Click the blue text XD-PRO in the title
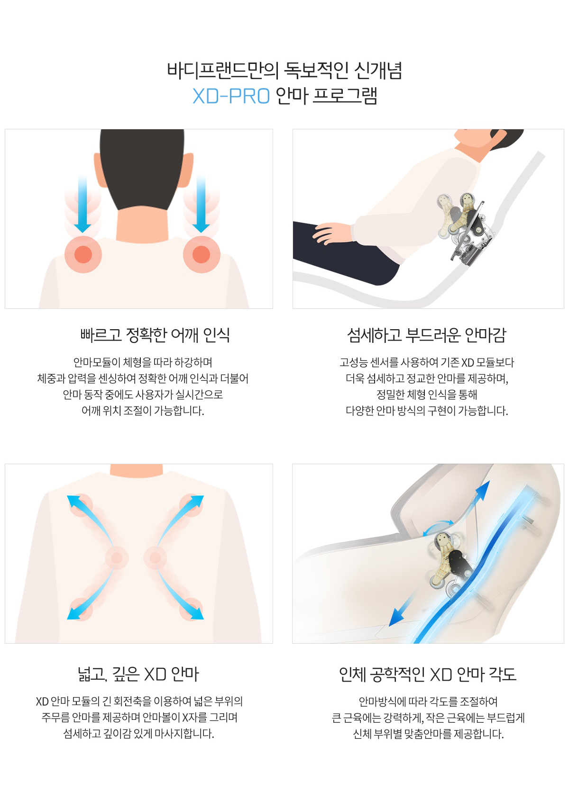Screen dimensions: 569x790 coord(231,96)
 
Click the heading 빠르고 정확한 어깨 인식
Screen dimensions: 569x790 coord(155,335)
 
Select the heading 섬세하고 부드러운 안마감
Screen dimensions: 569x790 coord(426,335)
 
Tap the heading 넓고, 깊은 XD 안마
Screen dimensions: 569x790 coord(138,674)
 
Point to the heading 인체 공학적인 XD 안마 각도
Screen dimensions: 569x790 coord(427,674)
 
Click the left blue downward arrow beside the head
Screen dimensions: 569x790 coord(83,204)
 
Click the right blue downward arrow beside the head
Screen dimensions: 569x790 coord(201,204)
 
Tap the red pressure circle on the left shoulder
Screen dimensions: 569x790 coord(83,254)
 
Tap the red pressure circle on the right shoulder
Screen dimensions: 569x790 coord(202,254)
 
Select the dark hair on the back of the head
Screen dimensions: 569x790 coord(142,166)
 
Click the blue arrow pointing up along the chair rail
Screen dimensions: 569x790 coord(477,501)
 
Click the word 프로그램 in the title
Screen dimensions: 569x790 coord(345,96)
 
